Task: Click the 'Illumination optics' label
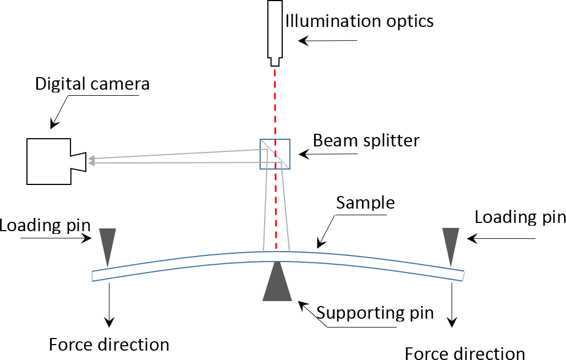click(359, 21)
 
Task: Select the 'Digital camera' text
click(92, 84)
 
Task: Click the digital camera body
click(50, 161)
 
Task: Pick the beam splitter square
click(274, 154)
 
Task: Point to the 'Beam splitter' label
click(366, 140)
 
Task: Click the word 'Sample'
click(365, 203)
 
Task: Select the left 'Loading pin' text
click(38, 225)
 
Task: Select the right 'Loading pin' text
click(520, 217)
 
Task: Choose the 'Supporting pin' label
click(376, 313)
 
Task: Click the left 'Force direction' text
click(109, 345)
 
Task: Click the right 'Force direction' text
click(465, 353)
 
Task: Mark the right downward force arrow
click(453, 303)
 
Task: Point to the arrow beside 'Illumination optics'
click(328, 40)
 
